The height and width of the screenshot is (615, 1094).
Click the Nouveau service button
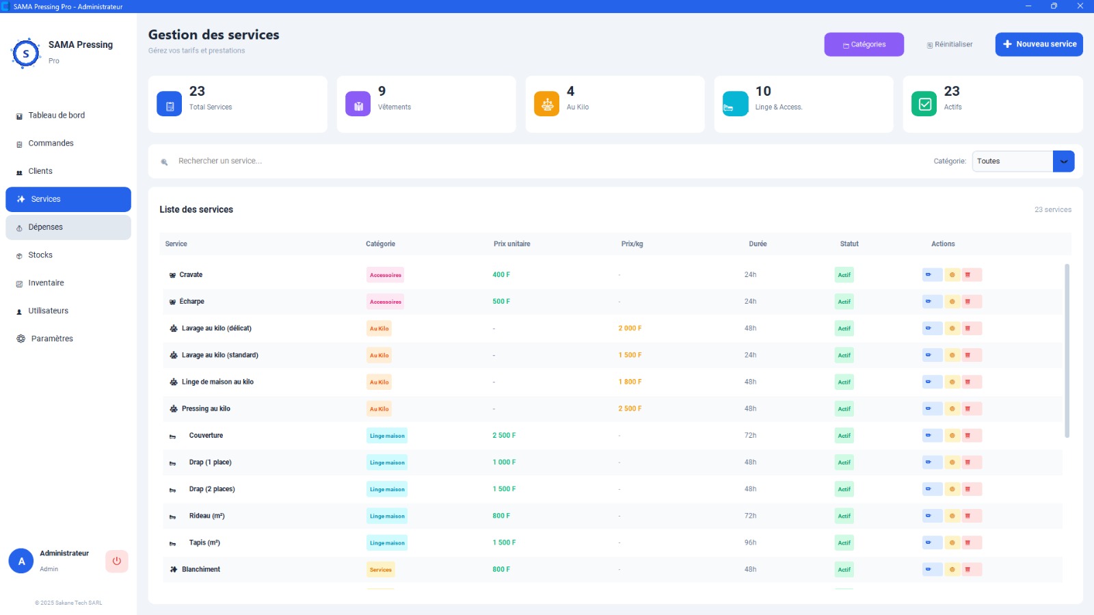tap(1039, 44)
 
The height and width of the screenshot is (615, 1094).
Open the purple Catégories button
tap(864, 44)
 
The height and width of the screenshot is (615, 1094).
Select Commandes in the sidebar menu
tap(51, 143)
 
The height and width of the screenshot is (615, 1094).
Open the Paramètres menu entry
tap(52, 339)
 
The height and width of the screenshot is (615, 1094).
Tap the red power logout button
tap(117, 561)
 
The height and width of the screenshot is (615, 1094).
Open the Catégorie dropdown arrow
tap(1064, 161)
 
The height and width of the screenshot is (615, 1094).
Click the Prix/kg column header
tap(632, 244)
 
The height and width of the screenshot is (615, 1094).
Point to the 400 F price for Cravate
tap(501, 274)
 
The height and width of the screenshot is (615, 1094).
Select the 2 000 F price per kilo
tap(630, 328)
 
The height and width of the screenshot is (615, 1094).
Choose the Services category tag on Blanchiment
tap(380, 570)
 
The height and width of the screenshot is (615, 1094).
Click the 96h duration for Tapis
tap(750, 542)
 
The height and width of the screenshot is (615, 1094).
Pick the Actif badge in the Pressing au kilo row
tap(844, 409)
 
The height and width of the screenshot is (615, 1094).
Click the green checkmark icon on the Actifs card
tap(924, 103)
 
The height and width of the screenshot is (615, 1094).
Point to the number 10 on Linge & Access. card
tap(763, 92)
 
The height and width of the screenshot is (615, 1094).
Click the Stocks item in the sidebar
tap(40, 255)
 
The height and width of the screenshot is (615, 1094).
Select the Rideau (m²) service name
tap(207, 516)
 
